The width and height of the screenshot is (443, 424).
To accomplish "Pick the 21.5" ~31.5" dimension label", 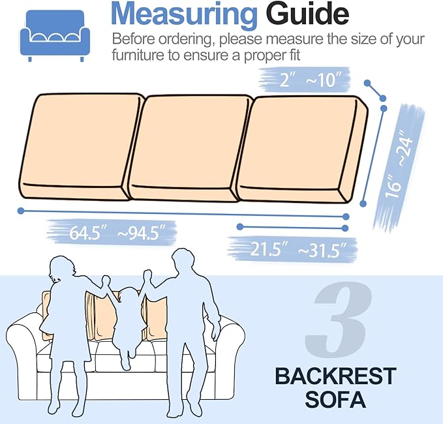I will coord(294,249).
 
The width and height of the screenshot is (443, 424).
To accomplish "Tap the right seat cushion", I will coord(300,150).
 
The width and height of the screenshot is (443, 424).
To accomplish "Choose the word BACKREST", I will coord(335,376).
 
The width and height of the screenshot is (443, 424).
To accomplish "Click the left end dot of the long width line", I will coord(22,211).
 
